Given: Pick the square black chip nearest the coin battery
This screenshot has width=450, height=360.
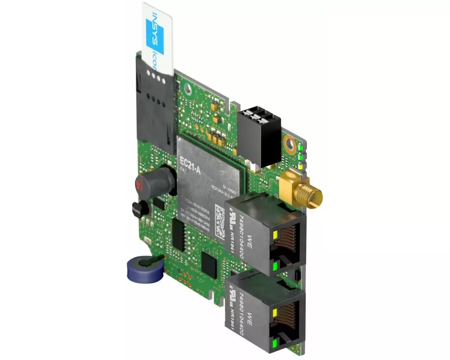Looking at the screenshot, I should point(210,265).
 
